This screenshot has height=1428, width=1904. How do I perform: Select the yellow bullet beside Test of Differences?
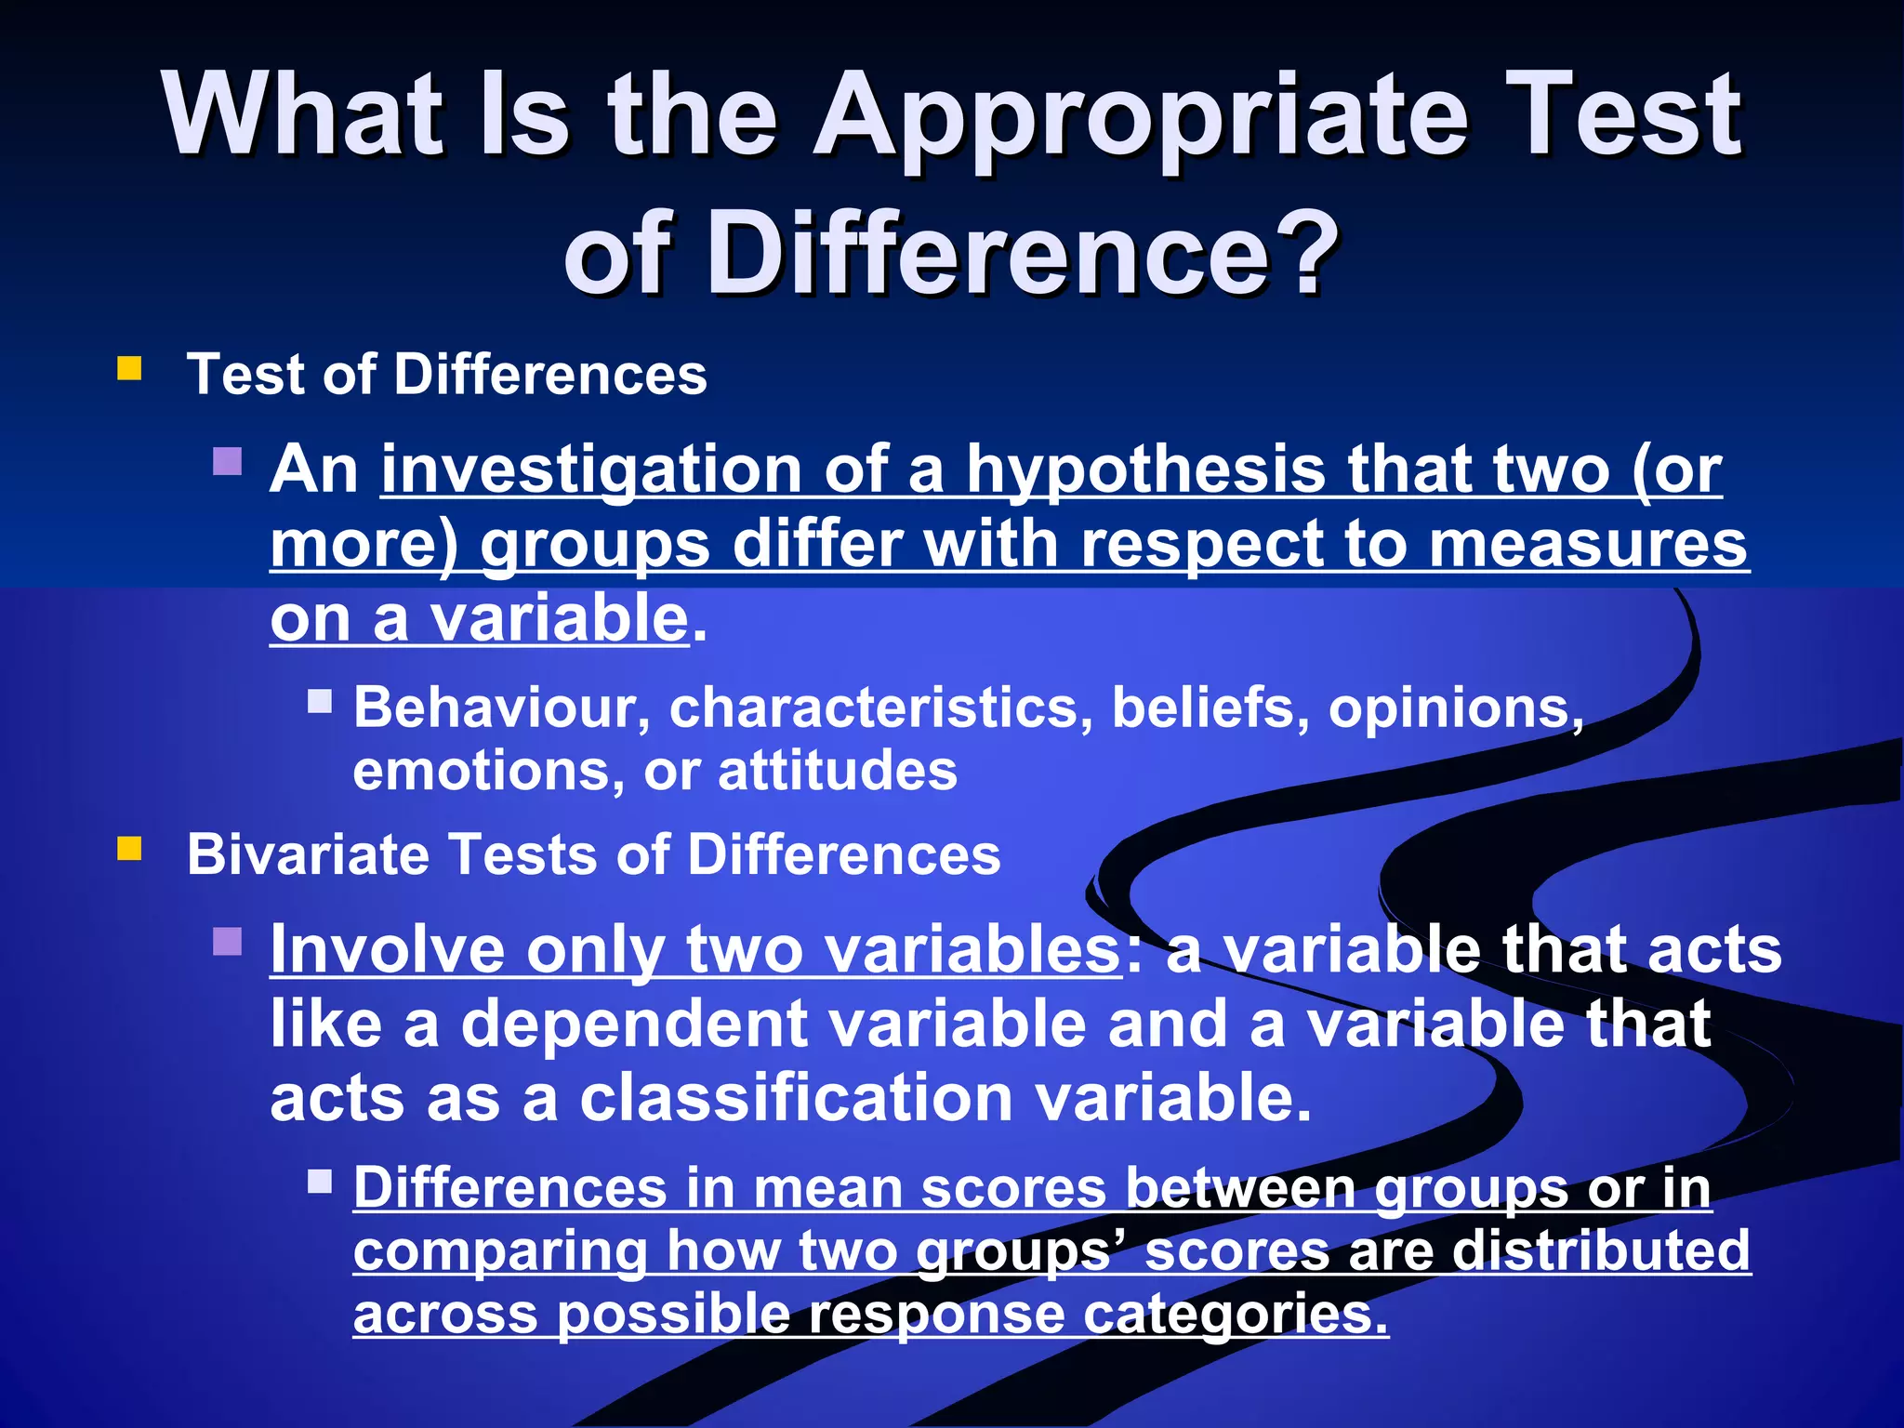[x=129, y=369]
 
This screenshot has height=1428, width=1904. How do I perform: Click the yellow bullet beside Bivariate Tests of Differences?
[x=129, y=849]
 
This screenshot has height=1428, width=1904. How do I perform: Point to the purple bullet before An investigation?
[x=227, y=461]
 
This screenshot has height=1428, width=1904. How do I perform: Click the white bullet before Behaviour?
[x=320, y=700]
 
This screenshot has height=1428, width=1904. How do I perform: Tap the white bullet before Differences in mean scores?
[x=320, y=1181]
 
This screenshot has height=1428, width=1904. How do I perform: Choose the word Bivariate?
[x=308, y=854]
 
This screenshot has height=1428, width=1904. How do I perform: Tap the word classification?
[x=796, y=1098]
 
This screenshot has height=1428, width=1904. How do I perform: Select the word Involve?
[x=387, y=949]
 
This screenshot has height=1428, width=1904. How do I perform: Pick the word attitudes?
[x=837, y=771]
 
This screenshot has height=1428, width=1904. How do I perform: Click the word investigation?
[x=591, y=469]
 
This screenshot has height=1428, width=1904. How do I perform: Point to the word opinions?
[x=1455, y=708]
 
